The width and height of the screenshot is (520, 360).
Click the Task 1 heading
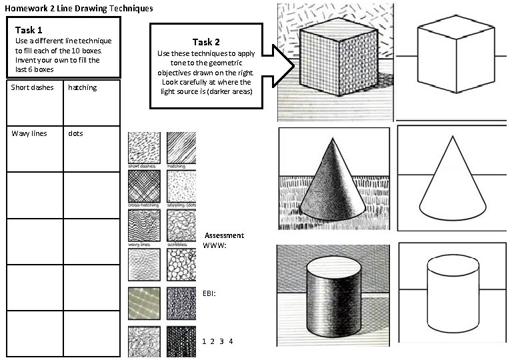[x=29, y=30]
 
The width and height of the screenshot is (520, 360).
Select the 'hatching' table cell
[x=92, y=103]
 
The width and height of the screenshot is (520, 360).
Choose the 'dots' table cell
[x=92, y=149]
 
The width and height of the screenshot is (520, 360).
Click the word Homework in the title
[x=26, y=8]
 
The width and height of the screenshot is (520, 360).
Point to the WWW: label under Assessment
[x=215, y=246]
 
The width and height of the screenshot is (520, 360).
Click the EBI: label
[x=209, y=293]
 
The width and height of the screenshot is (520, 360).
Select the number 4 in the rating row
[x=231, y=341]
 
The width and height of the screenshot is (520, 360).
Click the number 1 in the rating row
[x=203, y=341]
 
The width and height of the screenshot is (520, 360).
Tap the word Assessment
[x=224, y=235]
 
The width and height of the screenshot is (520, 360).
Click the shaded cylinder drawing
[x=333, y=295]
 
